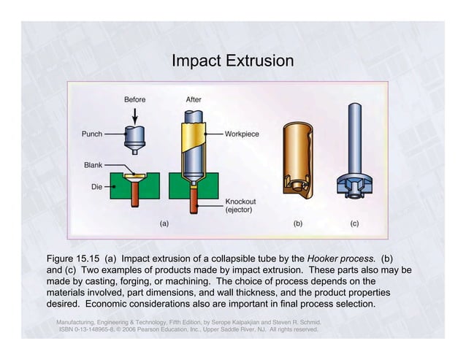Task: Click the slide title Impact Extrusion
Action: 232,60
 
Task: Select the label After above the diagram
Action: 194,99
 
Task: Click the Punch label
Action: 91,134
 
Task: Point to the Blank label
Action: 93,165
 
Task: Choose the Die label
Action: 96,187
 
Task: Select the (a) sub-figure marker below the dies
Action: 164,223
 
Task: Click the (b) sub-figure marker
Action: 297,223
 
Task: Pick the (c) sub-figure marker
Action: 354,223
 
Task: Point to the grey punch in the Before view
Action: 134,138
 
